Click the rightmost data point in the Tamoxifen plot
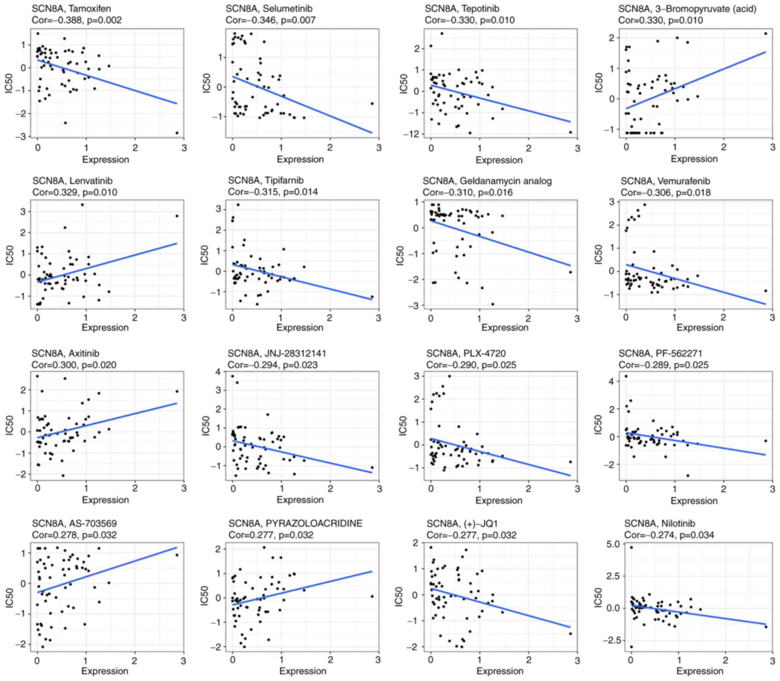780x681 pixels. (177, 133)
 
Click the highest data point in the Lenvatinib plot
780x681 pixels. (82, 205)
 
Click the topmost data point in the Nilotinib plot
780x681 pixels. (631, 547)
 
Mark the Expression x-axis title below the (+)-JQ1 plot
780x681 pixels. (500, 671)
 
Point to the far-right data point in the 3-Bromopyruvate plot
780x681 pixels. (765, 33)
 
